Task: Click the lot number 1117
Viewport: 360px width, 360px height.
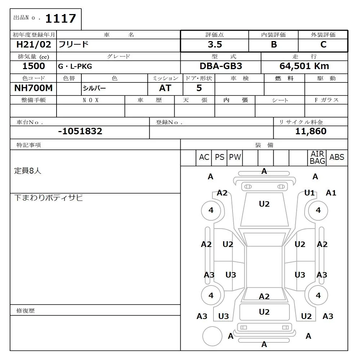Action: click(x=60, y=18)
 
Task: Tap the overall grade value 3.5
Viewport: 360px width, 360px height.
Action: click(x=215, y=45)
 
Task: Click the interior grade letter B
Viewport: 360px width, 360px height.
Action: click(x=274, y=45)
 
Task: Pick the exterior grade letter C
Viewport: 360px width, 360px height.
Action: click(x=323, y=45)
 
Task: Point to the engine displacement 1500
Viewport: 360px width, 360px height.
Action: click(x=33, y=66)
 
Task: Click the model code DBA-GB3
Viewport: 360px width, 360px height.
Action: click(x=221, y=66)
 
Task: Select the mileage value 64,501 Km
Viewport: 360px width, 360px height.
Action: click(x=304, y=66)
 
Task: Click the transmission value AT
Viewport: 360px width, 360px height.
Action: click(x=165, y=88)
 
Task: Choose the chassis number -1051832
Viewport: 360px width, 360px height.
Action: click(x=80, y=131)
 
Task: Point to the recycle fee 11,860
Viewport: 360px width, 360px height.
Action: click(x=311, y=131)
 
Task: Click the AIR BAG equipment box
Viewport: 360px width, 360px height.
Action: click(x=317, y=158)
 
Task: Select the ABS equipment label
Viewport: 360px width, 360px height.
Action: click(x=337, y=157)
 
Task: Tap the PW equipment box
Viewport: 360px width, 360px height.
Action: click(x=235, y=157)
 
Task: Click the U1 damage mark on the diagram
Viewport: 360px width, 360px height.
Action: click(x=309, y=193)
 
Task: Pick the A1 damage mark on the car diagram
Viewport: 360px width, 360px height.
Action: click(x=331, y=193)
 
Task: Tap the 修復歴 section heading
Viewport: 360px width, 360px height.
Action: click(x=26, y=311)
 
